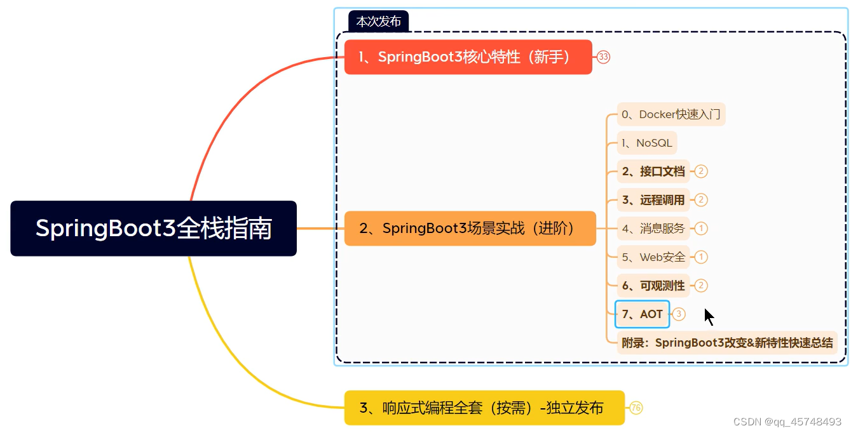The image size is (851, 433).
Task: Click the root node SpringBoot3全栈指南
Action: click(x=153, y=229)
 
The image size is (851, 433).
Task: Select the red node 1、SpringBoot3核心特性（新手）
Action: click(x=468, y=57)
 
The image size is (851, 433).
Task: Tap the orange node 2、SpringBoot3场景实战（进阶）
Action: click(x=470, y=229)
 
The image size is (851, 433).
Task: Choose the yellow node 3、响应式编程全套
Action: click(x=484, y=408)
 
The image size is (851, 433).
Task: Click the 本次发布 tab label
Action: click(x=378, y=22)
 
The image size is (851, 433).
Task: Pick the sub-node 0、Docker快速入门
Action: click(x=671, y=115)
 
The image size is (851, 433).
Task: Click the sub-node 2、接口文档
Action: click(x=653, y=171)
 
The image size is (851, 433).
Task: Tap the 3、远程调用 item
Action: click(x=653, y=200)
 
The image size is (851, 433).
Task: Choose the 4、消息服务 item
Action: click(x=653, y=229)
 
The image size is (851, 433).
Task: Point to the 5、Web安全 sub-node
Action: click(x=653, y=257)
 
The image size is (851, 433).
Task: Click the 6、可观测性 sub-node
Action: click(x=653, y=286)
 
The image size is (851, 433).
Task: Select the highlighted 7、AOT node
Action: click(x=643, y=314)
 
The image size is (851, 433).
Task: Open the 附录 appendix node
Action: click(x=727, y=343)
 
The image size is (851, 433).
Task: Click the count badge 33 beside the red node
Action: click(x=603, y=57)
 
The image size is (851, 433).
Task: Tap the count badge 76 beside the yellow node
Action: click(x=636, y=408)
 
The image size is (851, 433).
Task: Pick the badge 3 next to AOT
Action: click(x=679, y=314)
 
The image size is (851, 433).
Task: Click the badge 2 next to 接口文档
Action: click(x=701, y=171)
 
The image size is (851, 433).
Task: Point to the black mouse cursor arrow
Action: click(x=709, y=316)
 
